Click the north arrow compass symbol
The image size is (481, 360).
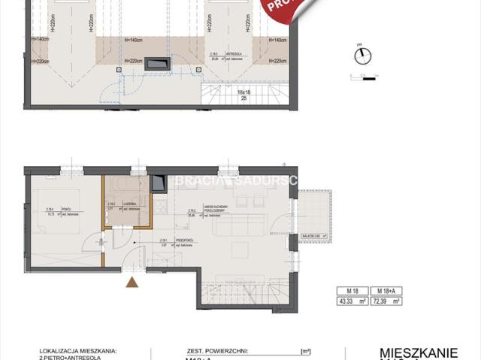(x=361, y=56)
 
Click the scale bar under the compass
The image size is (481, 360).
(x=362, y=76)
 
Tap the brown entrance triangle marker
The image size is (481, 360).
(x=132, y=283)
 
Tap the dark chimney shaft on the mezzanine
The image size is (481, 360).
(x=157, y=65)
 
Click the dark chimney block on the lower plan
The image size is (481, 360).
(x=159, y=183)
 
